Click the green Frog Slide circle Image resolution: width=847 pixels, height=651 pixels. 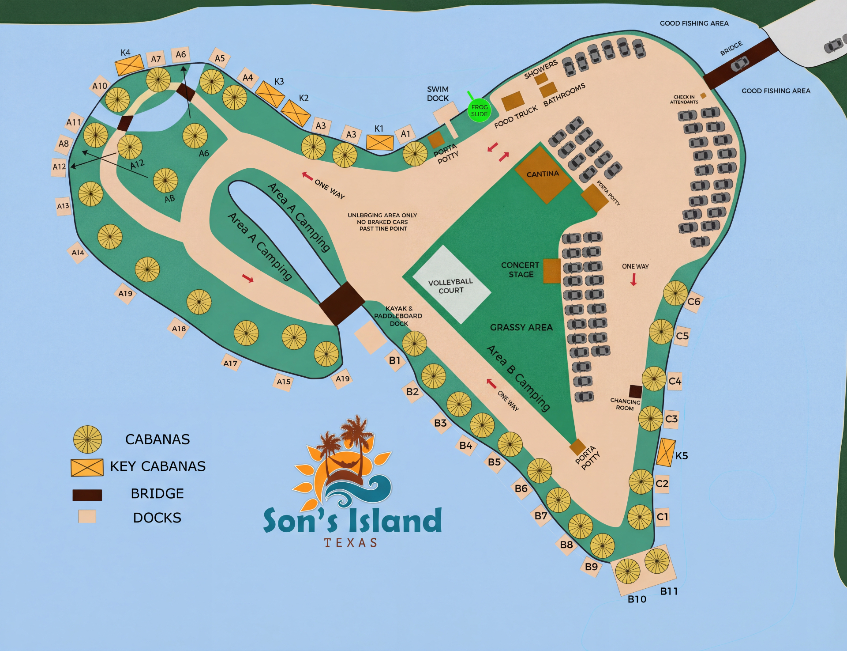tap(479, 111)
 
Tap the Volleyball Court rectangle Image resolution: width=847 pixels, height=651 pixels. tap(451, 285)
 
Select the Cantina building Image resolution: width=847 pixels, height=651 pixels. tap(543, 175)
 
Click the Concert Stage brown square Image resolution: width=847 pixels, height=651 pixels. tap(551, 271)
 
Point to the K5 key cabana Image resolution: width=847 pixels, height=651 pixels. tap(665, 452)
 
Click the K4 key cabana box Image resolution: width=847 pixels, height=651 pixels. tap(129, 65)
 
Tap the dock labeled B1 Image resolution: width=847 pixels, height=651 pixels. tap(394, 360)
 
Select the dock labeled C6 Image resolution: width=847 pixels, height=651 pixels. tap(693, 302)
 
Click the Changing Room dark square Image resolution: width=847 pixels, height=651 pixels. tap(635, 391)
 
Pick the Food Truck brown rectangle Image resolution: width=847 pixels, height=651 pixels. tap(513, 101)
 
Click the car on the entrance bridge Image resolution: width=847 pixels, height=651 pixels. tap(740, 64)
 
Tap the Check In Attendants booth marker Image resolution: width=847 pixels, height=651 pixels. tap(703, 95)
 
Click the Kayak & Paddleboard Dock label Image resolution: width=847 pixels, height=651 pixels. tap(398, 316)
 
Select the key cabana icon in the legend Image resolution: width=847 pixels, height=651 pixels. tap(87, 467)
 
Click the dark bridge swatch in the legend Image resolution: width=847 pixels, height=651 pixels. tap(87, 495)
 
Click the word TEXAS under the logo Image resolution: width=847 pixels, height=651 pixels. tap(351, 543)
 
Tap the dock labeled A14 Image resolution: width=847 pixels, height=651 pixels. tap(78, 253)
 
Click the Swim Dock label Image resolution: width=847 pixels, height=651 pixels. tap(438, 94)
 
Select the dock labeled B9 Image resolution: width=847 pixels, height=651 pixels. tap(591, 567)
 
